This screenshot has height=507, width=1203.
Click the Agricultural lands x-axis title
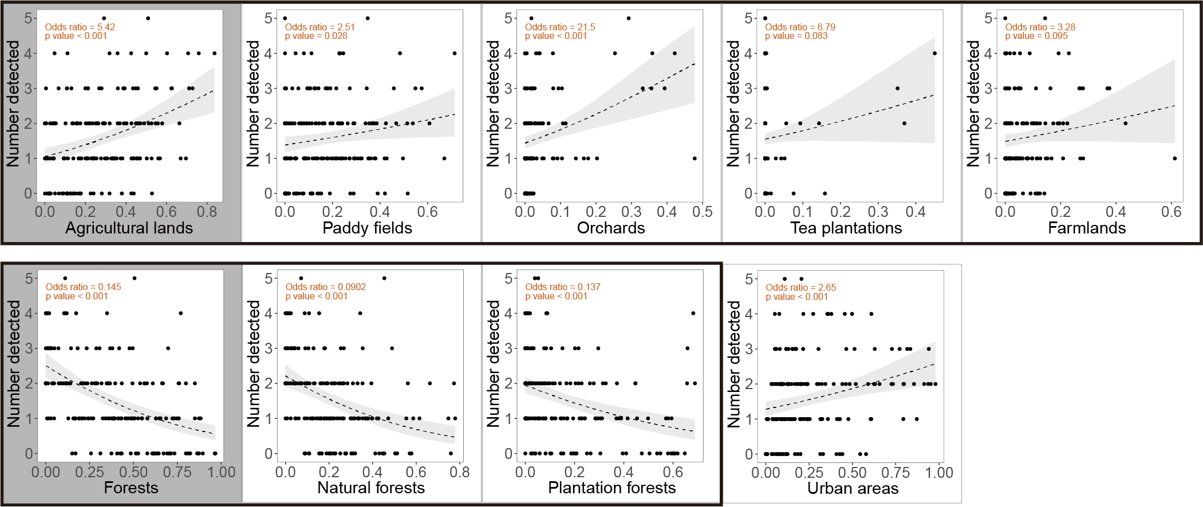129,228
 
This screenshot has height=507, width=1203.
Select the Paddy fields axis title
367,228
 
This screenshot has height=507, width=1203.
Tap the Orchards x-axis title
610,228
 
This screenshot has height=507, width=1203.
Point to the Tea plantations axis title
846,228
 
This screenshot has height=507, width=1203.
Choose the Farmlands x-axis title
1086,228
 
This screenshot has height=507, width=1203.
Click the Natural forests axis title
371,488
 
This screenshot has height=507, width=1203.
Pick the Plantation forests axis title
612,488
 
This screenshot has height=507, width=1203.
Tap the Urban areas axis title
853,489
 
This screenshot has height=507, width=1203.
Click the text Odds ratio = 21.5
560,27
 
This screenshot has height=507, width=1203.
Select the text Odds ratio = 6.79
800,27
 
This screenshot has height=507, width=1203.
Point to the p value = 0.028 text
316,36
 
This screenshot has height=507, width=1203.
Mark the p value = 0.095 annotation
1036,36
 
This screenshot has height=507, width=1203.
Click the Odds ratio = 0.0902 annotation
325,287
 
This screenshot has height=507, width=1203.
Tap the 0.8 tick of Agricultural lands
207,212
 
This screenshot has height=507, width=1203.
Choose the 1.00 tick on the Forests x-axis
222,473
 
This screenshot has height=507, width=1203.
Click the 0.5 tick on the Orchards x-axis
702,212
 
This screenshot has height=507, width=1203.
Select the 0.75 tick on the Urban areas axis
896,473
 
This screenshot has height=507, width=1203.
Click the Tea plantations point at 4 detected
934,53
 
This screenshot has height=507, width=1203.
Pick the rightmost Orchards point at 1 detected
695,159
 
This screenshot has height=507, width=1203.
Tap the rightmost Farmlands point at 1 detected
1174,159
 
